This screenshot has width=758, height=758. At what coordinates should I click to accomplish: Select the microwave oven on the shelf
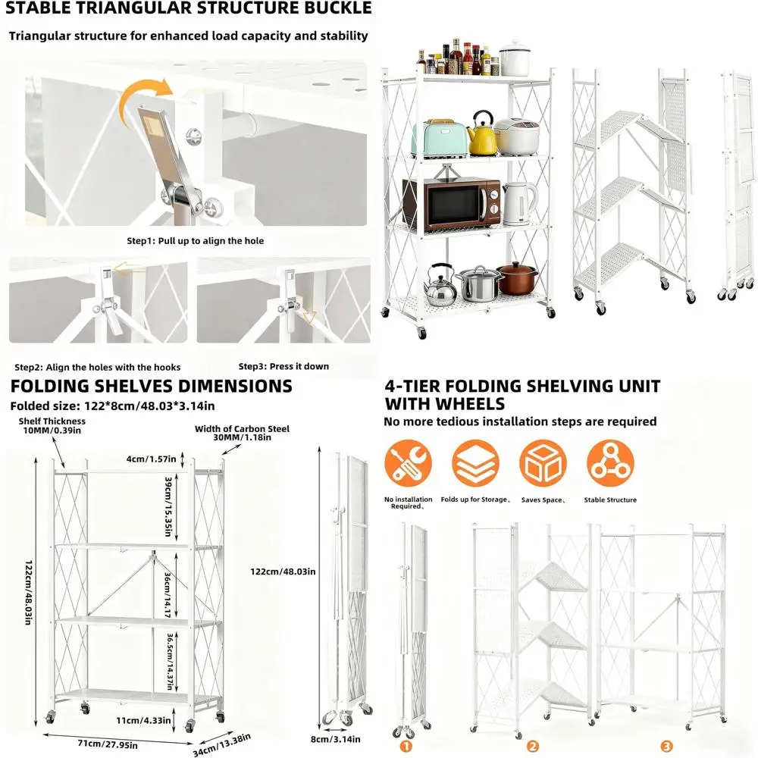(450, 204)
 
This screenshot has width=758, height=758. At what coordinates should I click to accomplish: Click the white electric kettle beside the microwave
(518, 202)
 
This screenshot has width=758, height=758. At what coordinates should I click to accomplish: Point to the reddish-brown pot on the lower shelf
(517, 278)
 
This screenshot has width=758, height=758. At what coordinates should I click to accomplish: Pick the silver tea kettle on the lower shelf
(440, 284)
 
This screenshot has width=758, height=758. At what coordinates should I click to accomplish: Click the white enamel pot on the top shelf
(515, 59)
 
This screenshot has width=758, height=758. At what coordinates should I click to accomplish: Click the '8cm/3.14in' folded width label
(335, 739)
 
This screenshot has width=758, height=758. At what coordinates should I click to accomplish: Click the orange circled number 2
(533, 747)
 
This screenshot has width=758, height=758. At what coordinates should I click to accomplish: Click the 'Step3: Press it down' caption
(283, 366)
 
